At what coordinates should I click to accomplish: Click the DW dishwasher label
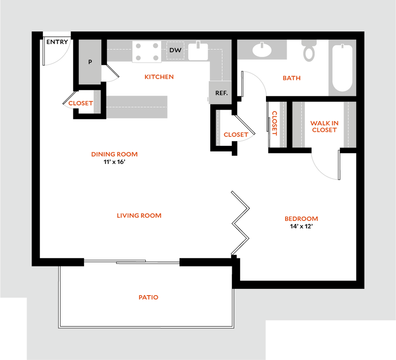[x=175, y=50]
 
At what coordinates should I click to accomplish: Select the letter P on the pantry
[x=90, y=62]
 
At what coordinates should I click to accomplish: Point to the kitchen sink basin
[x=198, y=52]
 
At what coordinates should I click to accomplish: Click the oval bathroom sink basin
[x=262, y=50]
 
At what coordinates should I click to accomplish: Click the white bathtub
[x=342, y=68]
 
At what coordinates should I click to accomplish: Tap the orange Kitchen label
[x=159, y=77]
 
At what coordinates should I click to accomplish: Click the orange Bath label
[x=292, y=78]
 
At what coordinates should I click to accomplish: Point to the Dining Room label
[x=115, y=154]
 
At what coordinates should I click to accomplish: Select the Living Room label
[x=139, y=216]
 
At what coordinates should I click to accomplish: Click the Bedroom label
[x=301, y=219]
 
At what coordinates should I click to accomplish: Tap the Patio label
[x=149, y=297]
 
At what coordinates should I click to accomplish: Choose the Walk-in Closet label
[x=324, y=126]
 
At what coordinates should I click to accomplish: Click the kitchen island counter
[x=137, y=107]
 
